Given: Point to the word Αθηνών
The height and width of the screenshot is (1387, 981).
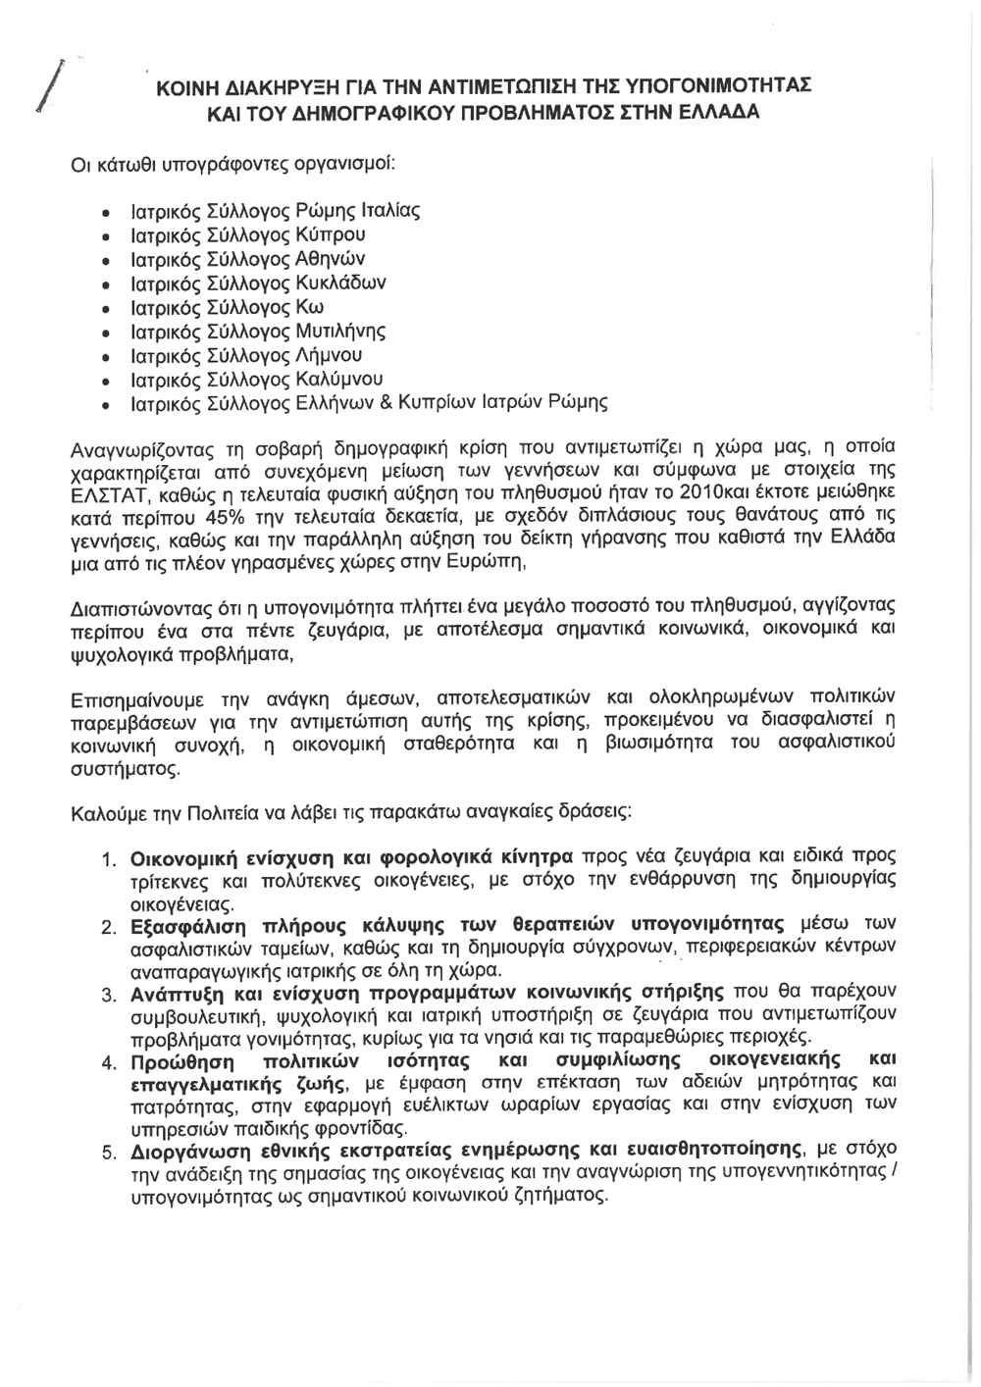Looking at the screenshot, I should point(332,259).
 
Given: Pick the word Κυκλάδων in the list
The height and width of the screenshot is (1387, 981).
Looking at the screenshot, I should point(341,283).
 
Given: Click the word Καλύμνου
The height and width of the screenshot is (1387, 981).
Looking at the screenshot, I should point(339,380).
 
